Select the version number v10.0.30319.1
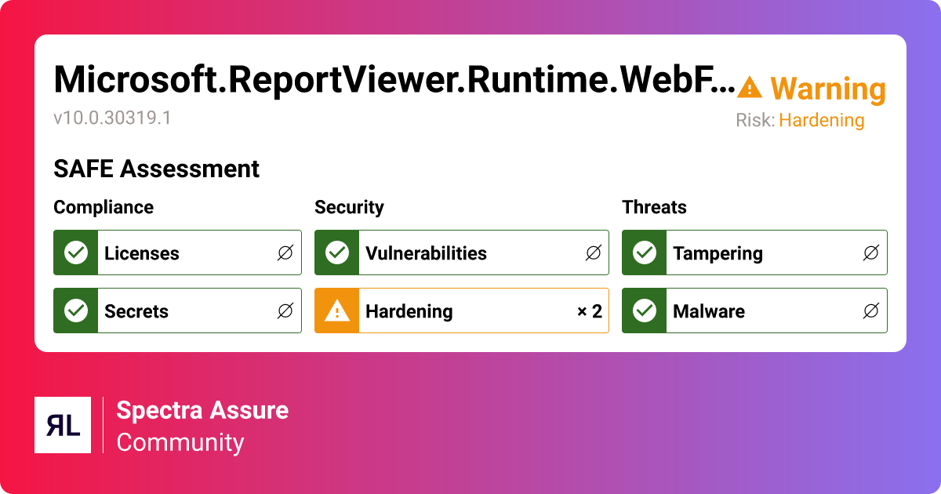tap(112, 118)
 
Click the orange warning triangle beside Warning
tap(750, 88)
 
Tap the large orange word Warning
tap(828, 89)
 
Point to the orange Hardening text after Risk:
tap(822, 121)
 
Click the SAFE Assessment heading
tap(156, 169)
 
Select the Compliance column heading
tap(104, 207)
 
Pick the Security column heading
tap(349, 207)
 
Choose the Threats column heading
tap(654, 207)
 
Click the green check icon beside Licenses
tap(76, 252)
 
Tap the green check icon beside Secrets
tap(76, 311)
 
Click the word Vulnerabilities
tap(426, 253)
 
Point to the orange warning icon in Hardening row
tap(337, 311)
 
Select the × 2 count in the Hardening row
tap(589, 311)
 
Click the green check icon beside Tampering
tap(645, 252)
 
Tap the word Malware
tap(709, 311)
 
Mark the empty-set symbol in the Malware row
tap(870, 311)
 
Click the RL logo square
tap(63, 425)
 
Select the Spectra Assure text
tap(202, 410)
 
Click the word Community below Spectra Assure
tap(180, 442)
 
